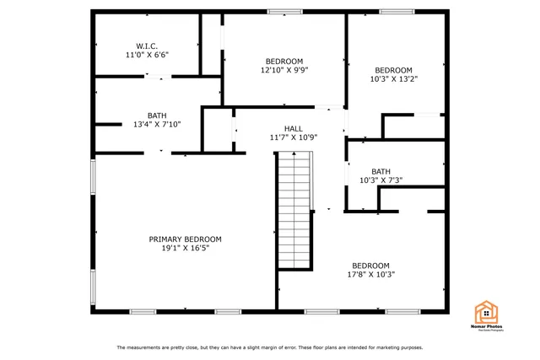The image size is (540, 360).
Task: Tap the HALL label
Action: point(293,128)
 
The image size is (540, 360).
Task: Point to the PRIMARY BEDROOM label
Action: point(186,239)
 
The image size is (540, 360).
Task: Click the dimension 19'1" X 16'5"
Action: point(186,249)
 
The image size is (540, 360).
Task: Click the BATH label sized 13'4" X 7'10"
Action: point(157,116)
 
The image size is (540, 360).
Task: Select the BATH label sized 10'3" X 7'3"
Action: point(381,171)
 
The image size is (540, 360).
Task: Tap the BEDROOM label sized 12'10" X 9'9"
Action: point(284,61)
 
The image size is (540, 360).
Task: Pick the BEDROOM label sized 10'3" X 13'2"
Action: point(393,70)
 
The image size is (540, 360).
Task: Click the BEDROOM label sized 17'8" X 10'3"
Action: point(370,265)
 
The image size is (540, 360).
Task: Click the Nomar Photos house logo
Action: point(488,314)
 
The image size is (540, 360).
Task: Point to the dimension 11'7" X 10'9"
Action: point(293,137)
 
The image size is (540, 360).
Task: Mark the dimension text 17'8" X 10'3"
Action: point(370,274)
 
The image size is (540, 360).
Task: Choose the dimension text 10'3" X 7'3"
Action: point(381,180)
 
